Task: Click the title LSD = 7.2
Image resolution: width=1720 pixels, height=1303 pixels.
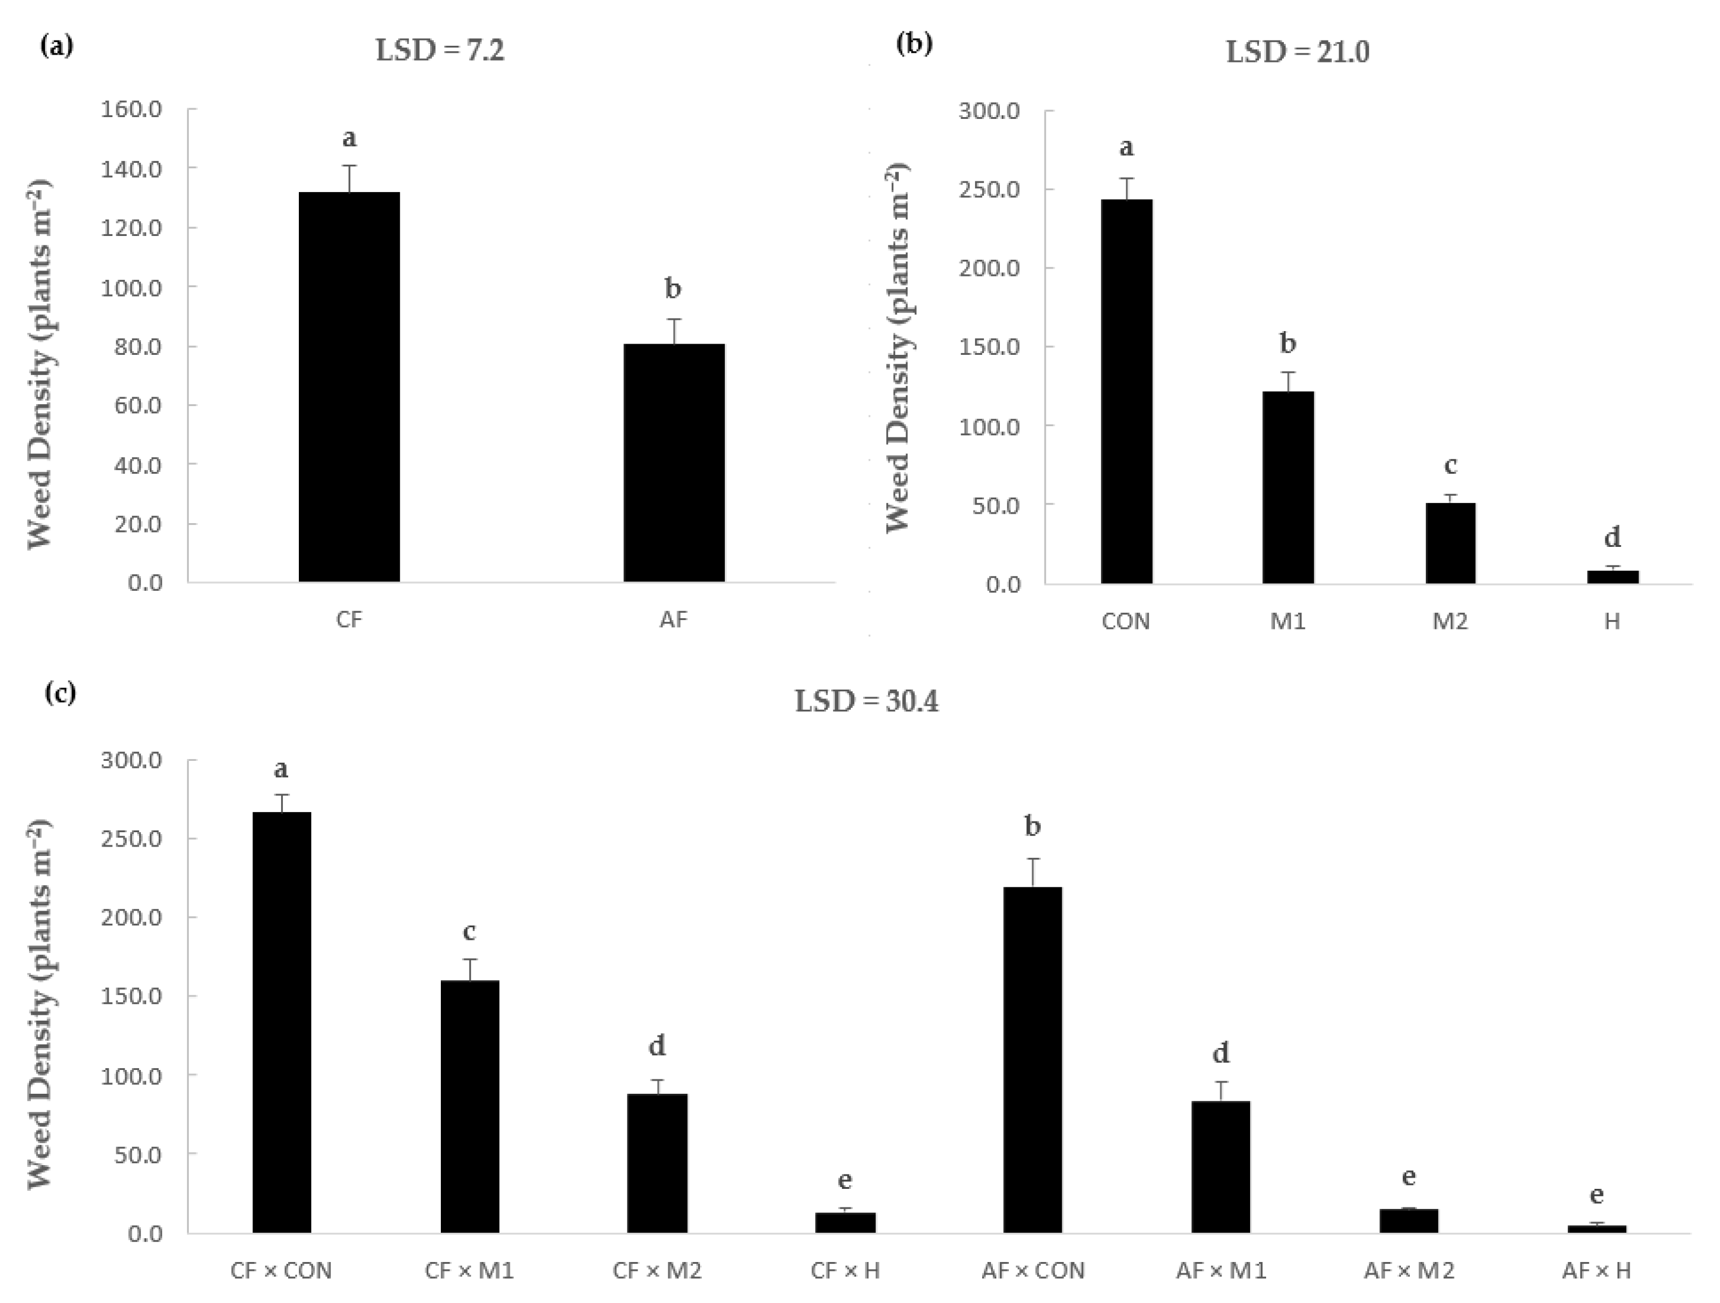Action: pos(440,51)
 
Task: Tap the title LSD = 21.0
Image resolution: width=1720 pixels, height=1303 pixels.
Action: pos(1297,52)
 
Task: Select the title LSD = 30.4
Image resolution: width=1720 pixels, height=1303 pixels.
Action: pos(866,701)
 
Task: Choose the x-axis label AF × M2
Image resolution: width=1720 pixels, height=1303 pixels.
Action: pos(1408,1270)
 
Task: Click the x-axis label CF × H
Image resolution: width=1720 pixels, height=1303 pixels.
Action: pos(845,1270)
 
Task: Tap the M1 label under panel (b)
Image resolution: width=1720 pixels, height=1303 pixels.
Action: pos(1287,621)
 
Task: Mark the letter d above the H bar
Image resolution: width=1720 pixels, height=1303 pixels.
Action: pos(1612,537)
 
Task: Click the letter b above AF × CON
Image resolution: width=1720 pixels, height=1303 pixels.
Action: pos(1033,826)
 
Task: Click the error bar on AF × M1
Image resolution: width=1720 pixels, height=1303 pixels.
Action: pos(1221,1091)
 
